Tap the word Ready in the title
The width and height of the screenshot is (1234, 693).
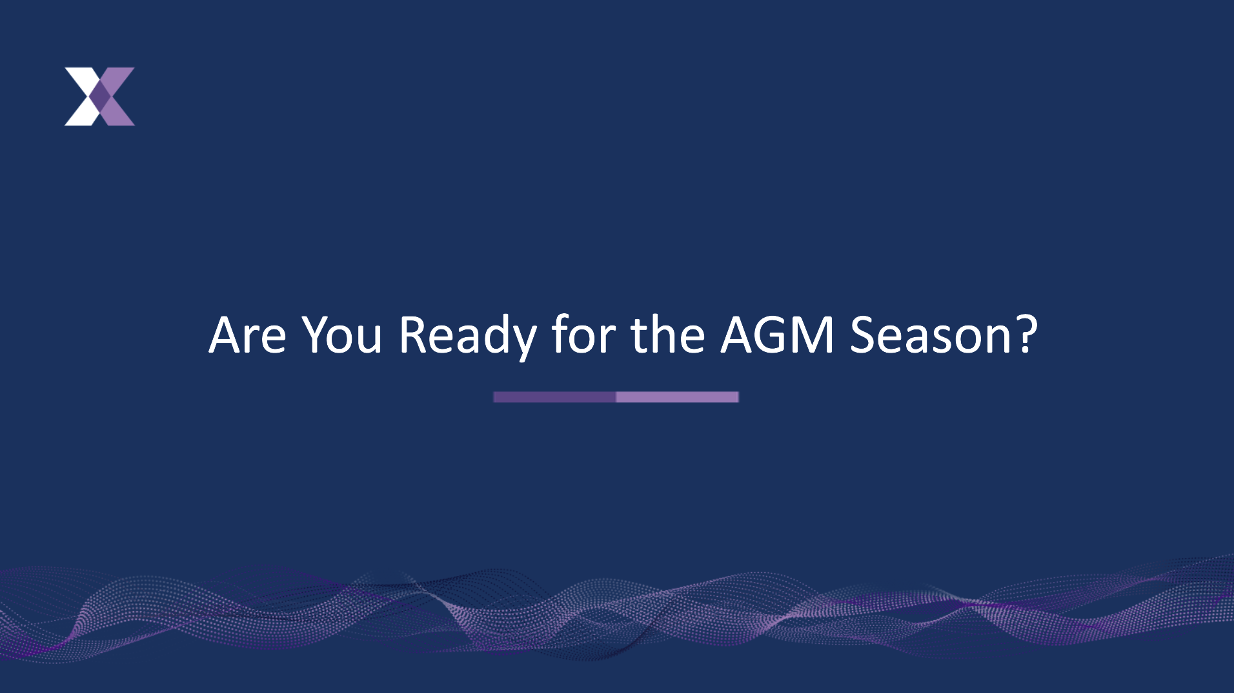click(468, 337)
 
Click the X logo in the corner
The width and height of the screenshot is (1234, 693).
click(100, 96)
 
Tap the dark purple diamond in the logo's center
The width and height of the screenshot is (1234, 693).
click(100, 96)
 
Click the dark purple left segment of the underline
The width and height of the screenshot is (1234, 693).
click(555, 397)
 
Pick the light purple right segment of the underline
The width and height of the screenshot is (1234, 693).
click(678, 397)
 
